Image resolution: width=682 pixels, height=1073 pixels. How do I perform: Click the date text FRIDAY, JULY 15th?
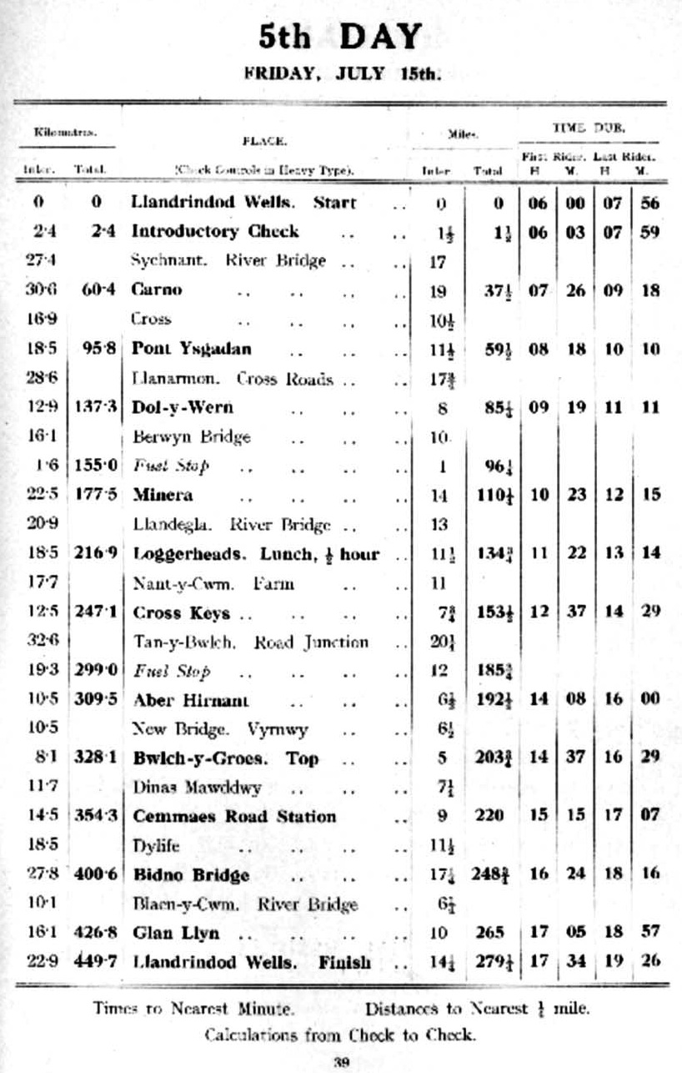click(x=341, y=73)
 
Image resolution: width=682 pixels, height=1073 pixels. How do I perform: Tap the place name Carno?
click(x=157, y=290)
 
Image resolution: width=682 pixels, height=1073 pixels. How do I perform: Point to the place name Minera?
click(x=163, y=495)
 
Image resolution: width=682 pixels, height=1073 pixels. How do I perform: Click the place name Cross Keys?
click(x=182, y=612)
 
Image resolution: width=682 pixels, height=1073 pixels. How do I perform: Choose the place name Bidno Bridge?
click(x=191, y=875)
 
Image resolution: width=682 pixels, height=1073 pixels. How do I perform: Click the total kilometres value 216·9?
click(x=93, y=554)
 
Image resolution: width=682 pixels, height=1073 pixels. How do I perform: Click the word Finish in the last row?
click(x=344, y=962)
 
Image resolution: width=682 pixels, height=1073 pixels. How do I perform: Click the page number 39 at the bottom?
click(x=340, y=1062)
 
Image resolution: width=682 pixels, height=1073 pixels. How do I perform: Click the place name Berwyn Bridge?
click(x=192, y=436)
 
